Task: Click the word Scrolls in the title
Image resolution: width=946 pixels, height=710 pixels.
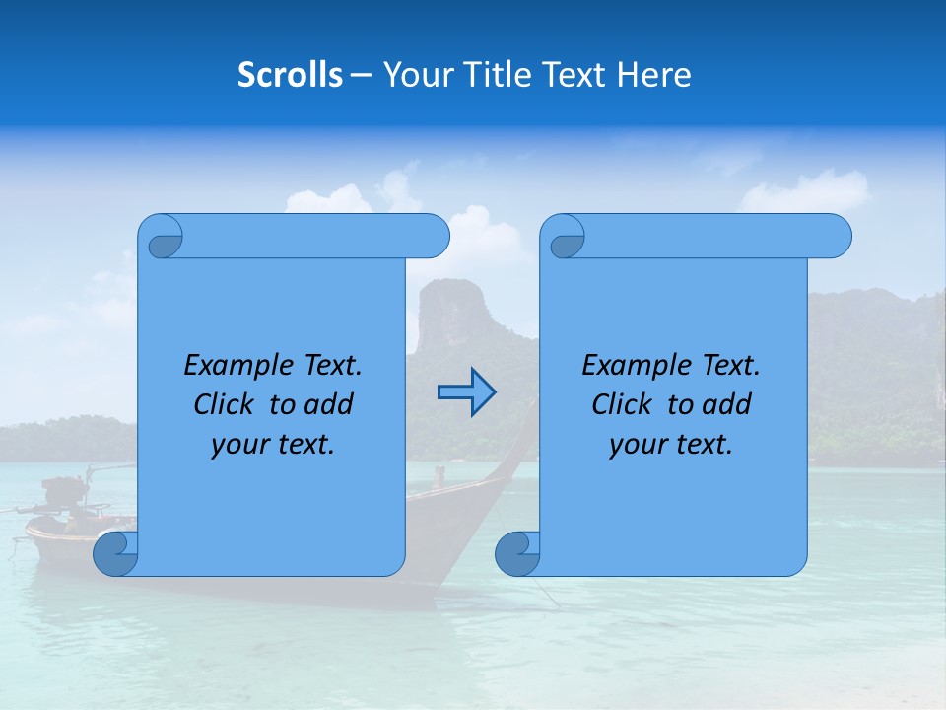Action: [290, 75]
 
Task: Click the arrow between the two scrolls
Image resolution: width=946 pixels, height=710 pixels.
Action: [466, 392]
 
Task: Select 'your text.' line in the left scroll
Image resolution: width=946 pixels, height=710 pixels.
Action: [273, 445]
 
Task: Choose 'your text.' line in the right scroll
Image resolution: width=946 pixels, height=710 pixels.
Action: [671, 445]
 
